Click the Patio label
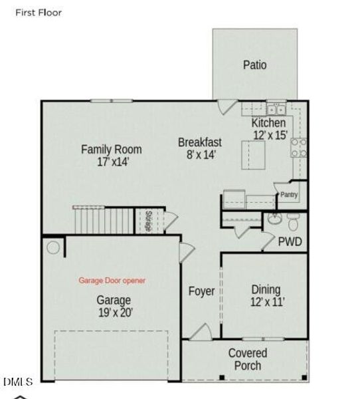click(x=254, y=65)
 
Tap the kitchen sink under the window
click(x=276, y=109)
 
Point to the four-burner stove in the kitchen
click(x=300, y=148)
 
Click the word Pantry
click(x=289, y=195)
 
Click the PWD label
click(x=290, y=241)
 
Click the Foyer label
click(x=201, y=291)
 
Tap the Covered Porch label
click(x=248, y=359)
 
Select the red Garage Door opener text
click(x=112, y=281)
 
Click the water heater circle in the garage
click(x=52, y=247)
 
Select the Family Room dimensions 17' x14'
click(x=111, y=161)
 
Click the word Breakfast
click(x=200, y=142)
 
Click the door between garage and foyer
click(x=186, y=253)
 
